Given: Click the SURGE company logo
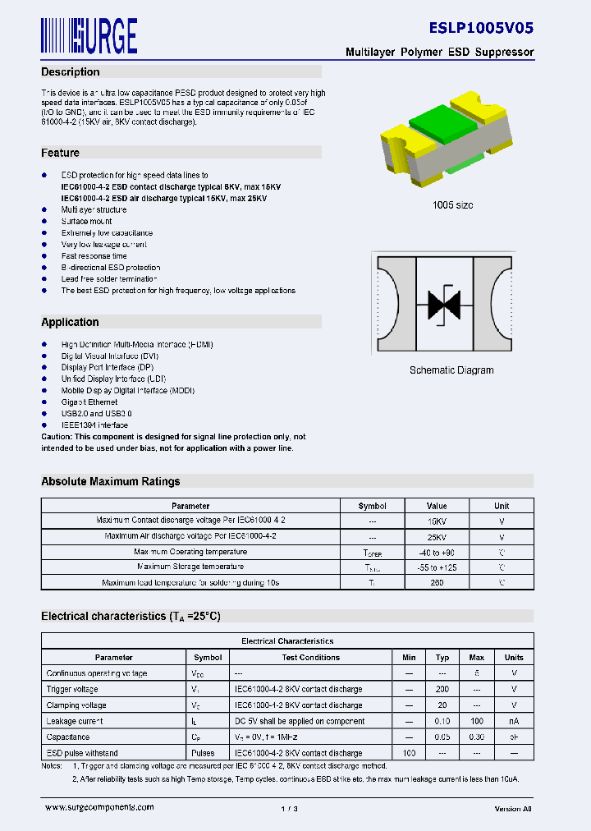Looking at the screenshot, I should pos(89,35).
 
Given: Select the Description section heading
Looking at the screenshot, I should pos(71,72).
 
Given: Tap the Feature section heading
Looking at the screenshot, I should pos(61,153).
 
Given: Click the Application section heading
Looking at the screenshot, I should pos(70,323).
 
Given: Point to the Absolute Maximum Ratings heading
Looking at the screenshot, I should pos(111,481).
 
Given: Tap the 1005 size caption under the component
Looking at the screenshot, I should pos(452,205).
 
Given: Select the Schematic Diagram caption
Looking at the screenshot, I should pos(451,370).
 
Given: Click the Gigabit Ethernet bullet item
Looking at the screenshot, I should pos(89,402).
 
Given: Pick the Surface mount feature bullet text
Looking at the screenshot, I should pos(86,222).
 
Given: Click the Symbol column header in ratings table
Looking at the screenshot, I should pos(373,507).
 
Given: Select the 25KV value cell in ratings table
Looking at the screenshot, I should pos(437,536).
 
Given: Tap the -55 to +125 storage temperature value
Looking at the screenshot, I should pos(437,567).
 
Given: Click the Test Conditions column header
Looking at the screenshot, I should pos(311,658).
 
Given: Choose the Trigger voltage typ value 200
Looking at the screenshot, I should pos(442,690).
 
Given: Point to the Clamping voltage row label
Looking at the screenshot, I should pos(76,705).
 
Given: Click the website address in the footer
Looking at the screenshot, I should pos(99,808).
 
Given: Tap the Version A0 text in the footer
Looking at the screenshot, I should pos(513,809).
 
